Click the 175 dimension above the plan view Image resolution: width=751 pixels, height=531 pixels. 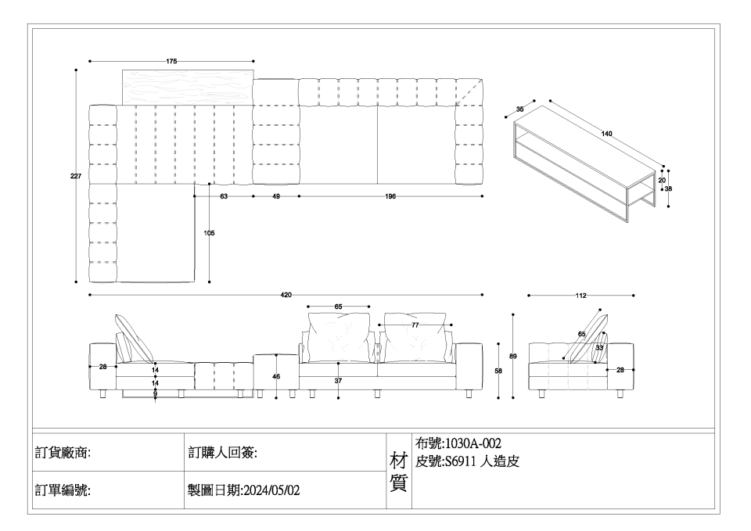[171, 60]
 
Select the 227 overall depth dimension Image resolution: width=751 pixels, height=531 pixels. [76, 178]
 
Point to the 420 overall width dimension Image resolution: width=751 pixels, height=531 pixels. [286, 296]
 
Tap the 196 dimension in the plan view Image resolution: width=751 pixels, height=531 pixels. [390, 196]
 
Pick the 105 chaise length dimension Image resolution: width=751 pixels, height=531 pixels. [210, 233]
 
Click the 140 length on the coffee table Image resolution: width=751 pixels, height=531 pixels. [606, 135]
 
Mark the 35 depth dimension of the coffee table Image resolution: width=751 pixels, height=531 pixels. [520, 109]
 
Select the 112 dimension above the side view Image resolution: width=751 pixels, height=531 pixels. [580, 296]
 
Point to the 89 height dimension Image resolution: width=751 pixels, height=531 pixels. [513, 357]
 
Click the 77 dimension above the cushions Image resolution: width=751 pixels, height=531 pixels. [415, 324]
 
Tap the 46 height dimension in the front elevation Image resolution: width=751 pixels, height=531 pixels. [276, 377]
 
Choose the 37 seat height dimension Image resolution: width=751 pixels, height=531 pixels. [338, 381]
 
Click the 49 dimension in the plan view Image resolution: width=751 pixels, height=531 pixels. [276, 196]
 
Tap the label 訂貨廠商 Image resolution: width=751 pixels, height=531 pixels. [63, 453]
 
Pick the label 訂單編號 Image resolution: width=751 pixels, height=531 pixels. [63, 491]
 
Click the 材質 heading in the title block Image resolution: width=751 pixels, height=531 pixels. [398, 472]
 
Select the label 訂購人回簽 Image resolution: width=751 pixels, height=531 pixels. [223, 453]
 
